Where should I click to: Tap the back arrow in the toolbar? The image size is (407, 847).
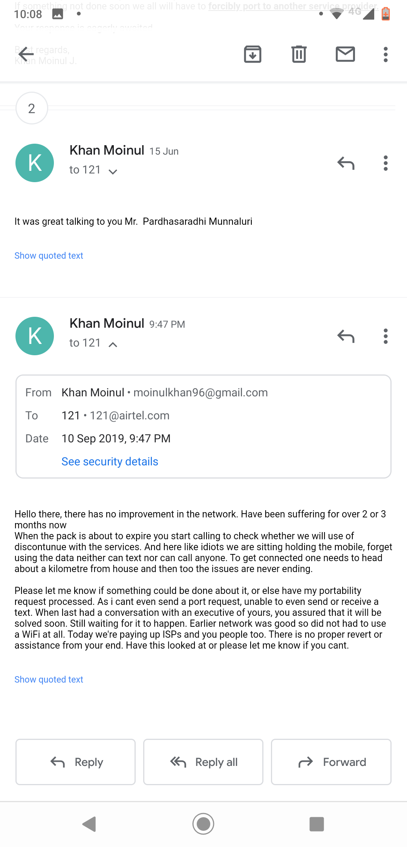tap(26, 54)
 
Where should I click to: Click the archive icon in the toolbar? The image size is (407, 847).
tap(252, 54)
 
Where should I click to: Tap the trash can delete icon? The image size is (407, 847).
tap(299, 54)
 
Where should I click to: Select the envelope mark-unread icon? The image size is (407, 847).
tap(345, 54)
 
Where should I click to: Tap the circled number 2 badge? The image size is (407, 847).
tap(32, 108)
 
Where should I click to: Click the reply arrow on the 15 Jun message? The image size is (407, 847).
tap(346, 163)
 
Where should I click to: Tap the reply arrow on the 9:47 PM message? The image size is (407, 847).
tap(346, 336)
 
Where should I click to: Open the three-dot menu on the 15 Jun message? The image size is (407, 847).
tap(386, 163)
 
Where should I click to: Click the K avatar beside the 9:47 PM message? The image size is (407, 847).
tap(35, 336)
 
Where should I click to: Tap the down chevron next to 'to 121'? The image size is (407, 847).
tap(113, 172)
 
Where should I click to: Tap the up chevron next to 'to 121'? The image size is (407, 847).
tap(113, 344)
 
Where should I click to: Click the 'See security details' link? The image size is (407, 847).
tap(110, 462)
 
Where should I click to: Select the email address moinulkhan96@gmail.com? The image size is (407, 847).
tap(200, 393)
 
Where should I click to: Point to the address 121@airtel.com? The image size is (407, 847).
tap(129, 416)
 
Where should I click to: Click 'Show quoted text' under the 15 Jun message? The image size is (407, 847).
tap(49, 256)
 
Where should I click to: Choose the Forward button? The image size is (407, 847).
tap(331, 762)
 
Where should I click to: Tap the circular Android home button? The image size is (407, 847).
tap(203, 824)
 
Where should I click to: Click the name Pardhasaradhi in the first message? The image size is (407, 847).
tap(174, 221)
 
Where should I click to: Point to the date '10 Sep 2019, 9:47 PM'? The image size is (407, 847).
tap(116, 439)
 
